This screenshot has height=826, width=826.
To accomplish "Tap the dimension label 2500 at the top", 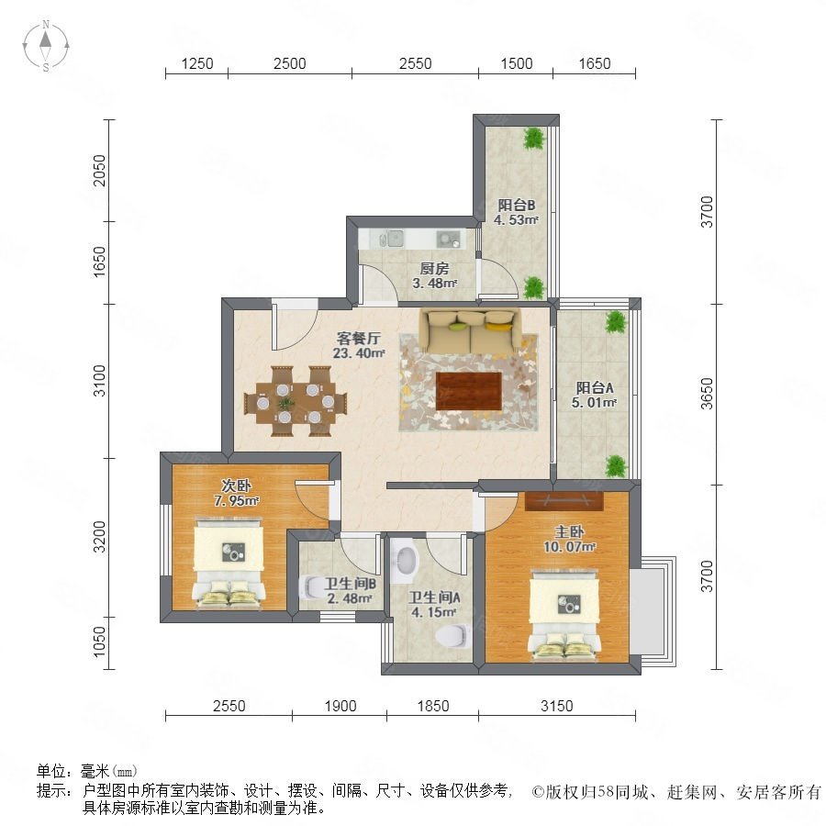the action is (290, 63).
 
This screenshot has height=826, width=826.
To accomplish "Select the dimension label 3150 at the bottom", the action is (557, 706).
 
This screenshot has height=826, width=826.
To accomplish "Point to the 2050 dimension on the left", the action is (99, 170).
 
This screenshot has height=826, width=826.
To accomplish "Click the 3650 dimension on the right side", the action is (707, 394).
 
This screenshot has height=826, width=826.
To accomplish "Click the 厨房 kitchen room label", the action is (434, 269).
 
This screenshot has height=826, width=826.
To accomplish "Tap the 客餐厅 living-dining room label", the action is (358, 338).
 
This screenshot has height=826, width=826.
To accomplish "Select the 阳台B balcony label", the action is (516, 205).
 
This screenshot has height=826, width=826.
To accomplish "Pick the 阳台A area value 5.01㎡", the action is (594, 403).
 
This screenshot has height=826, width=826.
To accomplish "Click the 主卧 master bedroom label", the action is (569, 532).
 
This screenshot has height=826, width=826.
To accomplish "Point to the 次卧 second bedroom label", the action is (236, 486).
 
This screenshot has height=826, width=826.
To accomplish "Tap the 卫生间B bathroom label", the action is (350, 584).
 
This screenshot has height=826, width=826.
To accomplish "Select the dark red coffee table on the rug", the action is (468, 391).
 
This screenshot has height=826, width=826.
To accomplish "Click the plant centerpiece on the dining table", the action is (285, 404).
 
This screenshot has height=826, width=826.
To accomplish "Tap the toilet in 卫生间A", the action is (453, 635).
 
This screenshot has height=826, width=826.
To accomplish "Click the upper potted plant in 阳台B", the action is (534, 138).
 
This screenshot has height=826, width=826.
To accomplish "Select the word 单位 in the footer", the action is (51, 771).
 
